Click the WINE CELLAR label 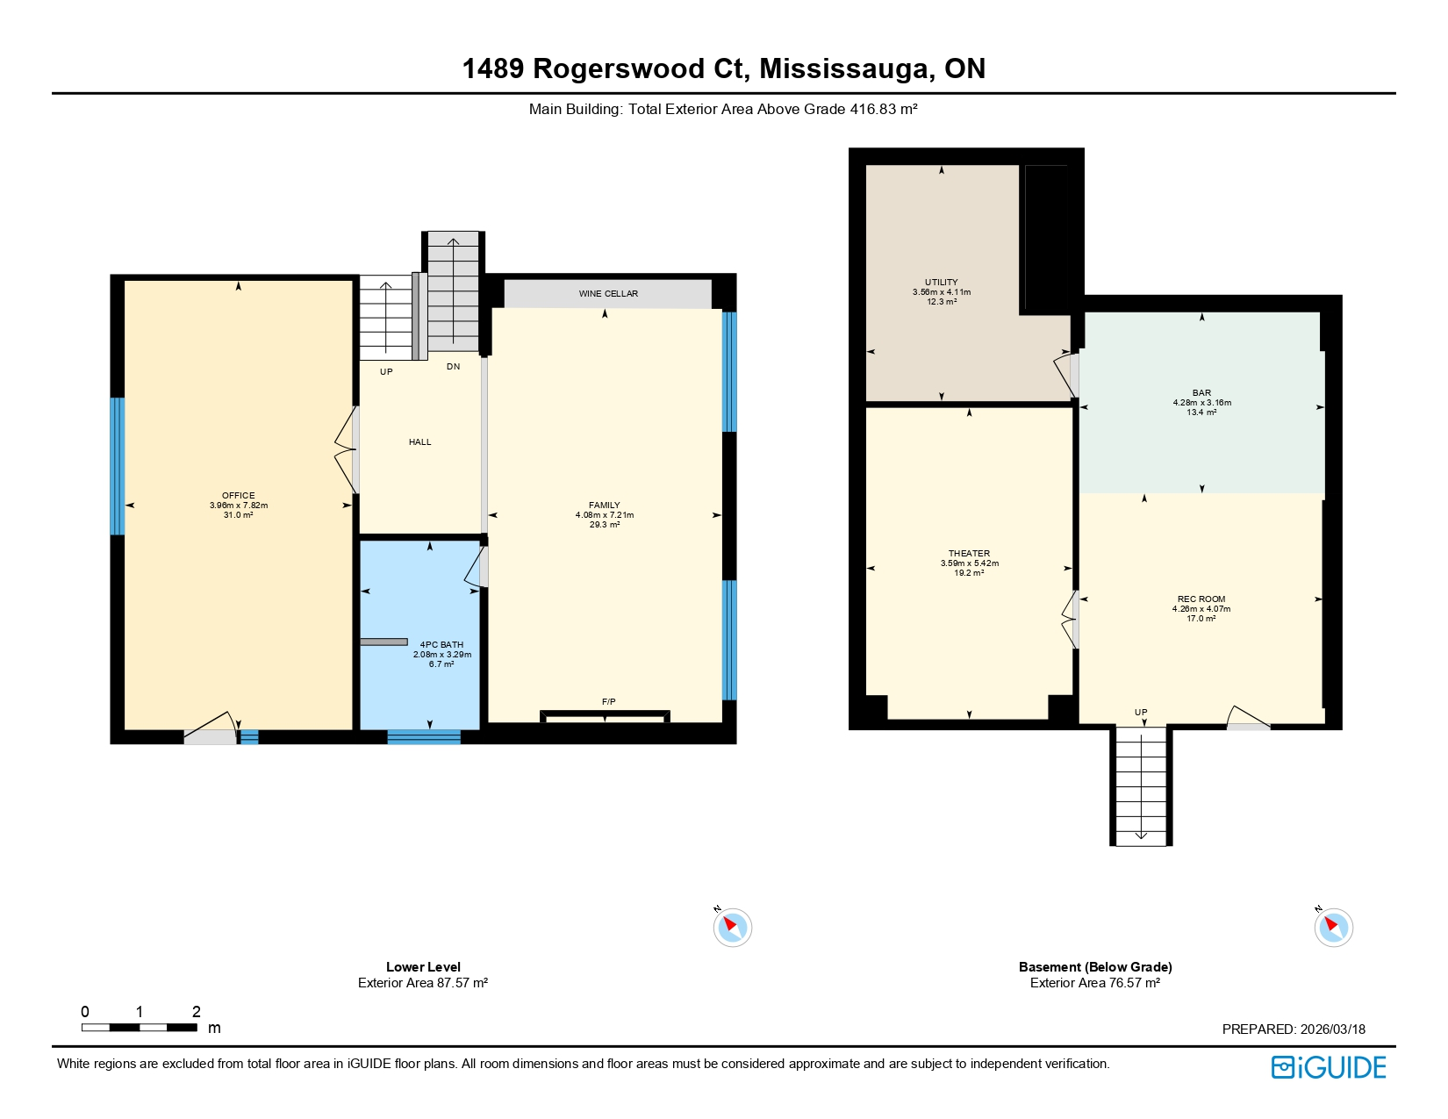coord(608,294)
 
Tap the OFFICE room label coord(238,496)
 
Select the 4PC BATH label coord(441,645)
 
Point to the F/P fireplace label coord(608,701)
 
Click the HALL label coord(419,442)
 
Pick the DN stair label coord(453,367)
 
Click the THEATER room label coord(969,554)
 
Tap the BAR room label coord(1201,393)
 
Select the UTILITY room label coord(941,283)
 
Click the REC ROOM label coord(1201,599)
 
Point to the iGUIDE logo coord(1329,1067)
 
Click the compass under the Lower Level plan coord(732,927)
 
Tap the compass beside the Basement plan coord(1333,927)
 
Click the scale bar coord(140,1027)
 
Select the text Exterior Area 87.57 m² coord(423,983)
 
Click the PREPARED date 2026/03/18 coord(1332,1029)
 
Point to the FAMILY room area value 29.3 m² coord(605,525)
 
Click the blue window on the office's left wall coord(117,466)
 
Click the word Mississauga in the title coord(847,68)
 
